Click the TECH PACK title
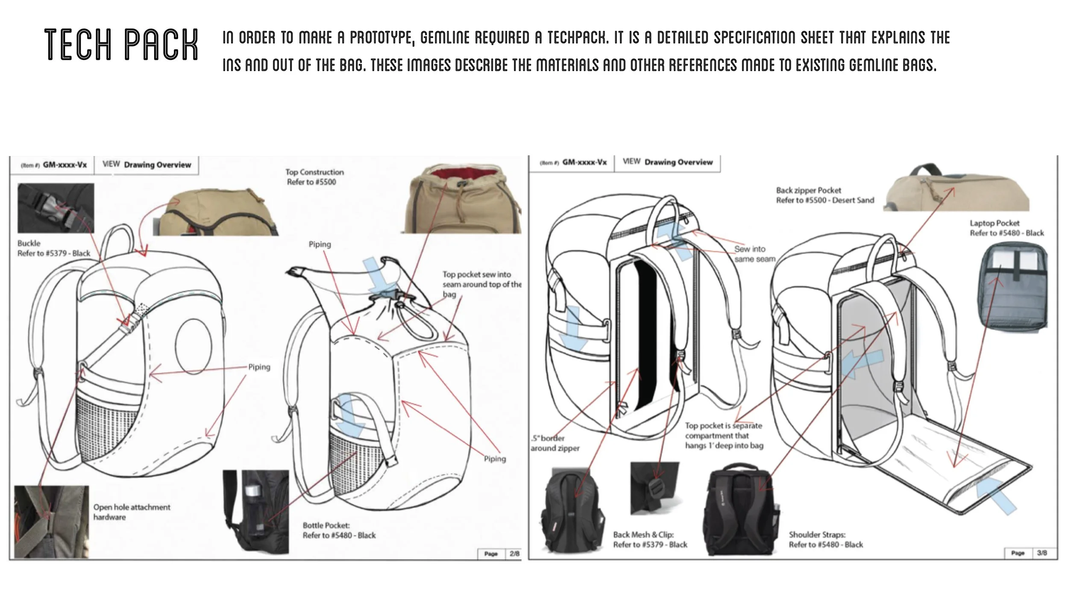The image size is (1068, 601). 121,45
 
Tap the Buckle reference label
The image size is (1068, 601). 53,248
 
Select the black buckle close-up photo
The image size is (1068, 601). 56,208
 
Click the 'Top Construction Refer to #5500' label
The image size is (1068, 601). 314,177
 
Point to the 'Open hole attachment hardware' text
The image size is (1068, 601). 131,512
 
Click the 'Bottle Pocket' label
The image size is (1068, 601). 339,530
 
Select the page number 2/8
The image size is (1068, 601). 514,554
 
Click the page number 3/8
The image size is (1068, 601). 1042,553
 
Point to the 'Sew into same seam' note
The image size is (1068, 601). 754,254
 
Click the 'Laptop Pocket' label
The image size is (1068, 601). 1006,228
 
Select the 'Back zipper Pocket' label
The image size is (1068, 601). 824,195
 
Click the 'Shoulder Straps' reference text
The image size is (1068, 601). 825,539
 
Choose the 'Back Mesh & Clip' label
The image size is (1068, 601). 650,539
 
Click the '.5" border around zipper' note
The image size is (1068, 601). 555,443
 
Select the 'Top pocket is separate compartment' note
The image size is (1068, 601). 724,435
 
